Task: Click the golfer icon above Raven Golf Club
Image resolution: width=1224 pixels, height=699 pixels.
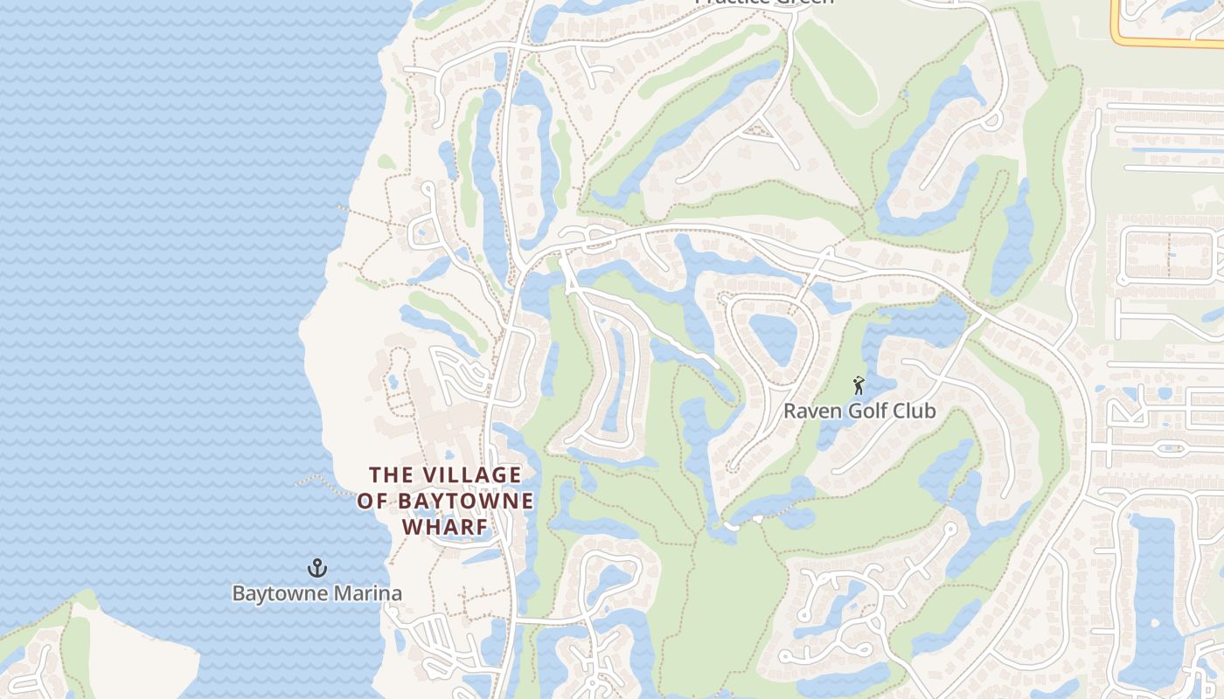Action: click(x=859, y=384)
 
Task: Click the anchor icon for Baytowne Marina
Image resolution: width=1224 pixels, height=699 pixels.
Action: click(x=316, y=569)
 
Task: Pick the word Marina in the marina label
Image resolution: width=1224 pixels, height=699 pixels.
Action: click(x=369, y=594)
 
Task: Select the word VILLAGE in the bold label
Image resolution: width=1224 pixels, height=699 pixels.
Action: click(x=472, y=475)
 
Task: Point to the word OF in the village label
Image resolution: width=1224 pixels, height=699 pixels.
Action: click(x=374, y=502)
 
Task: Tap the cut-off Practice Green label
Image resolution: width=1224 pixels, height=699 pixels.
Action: click(x=763, y=3)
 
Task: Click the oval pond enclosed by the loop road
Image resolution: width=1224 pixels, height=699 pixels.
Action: click(x=772, y=339)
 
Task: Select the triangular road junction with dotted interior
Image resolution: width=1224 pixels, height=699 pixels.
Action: click(x=762, y=130)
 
